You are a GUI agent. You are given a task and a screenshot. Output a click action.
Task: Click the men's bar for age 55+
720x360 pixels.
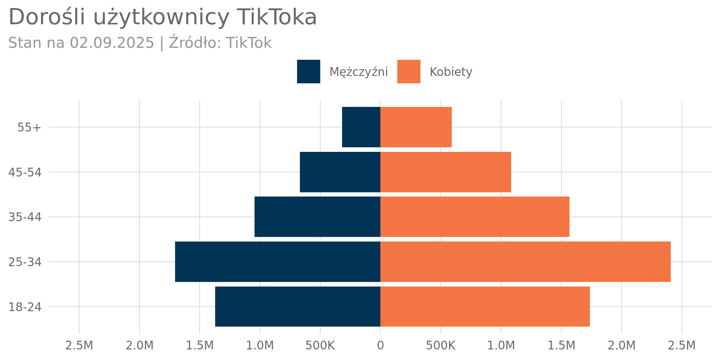click(x=361, y=127)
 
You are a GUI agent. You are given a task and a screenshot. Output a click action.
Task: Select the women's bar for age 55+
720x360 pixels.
click(x=416, y=127)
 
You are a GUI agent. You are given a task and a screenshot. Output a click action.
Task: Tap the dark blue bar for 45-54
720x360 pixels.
click(x=340, y=172)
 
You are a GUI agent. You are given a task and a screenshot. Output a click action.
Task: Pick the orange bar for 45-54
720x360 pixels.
click(x=445, y=172)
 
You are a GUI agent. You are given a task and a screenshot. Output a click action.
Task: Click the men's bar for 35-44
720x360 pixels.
click(x=317, y=217)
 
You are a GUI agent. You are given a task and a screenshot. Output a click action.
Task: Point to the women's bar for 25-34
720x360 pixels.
click(x=525, y=262)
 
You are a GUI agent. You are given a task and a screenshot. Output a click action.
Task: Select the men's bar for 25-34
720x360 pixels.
click(x=278, y=262)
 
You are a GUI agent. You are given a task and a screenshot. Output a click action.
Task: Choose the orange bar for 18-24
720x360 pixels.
click(x=485, y=307)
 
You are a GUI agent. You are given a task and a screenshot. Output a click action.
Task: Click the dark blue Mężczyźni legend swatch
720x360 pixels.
click(x=308, y=72)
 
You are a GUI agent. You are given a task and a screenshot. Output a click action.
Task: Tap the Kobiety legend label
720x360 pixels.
click(x=451, y=72)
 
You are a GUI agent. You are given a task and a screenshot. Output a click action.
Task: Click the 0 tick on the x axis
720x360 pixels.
click(x=380, y=346)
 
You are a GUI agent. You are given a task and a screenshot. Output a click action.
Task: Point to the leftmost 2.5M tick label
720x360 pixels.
click(x=79, y=346)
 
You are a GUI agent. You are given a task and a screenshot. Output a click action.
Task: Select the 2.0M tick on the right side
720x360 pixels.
click(x=622, y=346)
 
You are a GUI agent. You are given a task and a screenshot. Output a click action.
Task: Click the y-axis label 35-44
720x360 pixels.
click(x=25, y=217)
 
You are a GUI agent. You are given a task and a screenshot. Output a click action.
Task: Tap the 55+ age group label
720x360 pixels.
click(x=29, y=127)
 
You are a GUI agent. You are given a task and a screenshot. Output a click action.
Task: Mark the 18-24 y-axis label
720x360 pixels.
click(x=25, y=307)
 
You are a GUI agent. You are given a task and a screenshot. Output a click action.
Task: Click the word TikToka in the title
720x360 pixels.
click(x=276, y=17)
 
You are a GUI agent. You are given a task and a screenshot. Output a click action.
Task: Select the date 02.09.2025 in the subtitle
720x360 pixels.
click(x=112, y=43)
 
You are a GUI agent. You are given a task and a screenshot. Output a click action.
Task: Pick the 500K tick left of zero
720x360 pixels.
click(x=320, y=346)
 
